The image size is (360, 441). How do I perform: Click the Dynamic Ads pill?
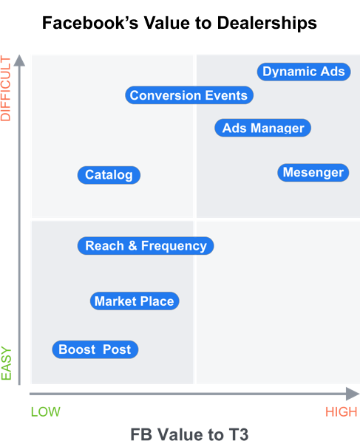pyautogui.click(x=304, y=72)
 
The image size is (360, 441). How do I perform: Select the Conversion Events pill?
pyautogui.click(x=189, y=95)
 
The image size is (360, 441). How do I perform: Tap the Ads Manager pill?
pyautogui.click(x=263, y=128)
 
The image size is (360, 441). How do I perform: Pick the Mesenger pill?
pyautogui.click(x=313, y=172)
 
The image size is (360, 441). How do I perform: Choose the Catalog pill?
pyautogui.click(x=109, y=175)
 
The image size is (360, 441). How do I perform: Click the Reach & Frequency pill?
pyautogui.click(x=146, y=245)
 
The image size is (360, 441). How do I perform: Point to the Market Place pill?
pyautogui.click(x=135, y=301)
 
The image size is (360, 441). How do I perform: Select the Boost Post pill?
pyautogui.click(x=95, y=349)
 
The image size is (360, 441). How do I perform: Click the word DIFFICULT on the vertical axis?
pyautogui.click(x=6, y=89)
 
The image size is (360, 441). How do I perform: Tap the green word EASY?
pyautogui.click(x=6, y=363)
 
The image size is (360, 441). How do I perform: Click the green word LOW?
pyautogui.click(x=46, y=411)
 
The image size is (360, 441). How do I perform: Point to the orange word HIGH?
pyautogui.click(x=341, y=412)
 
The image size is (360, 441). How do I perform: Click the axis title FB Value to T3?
pyautogui.click(x=189, y=434)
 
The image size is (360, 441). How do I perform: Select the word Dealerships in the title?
pyautogui.click(x=267, y=23)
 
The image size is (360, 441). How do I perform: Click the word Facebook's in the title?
pyautogui.click(x=90, y=23)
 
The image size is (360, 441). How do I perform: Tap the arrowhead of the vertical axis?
pyautogui.click(x=19, y=60)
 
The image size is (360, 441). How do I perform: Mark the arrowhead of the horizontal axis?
pyautogui.click(x=353, y=394)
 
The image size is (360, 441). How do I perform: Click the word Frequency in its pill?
pyautogui.click(x=174, y=246)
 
